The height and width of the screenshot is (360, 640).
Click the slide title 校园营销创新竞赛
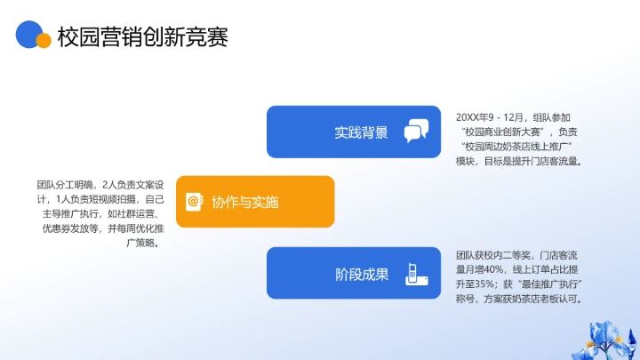coord(142,37)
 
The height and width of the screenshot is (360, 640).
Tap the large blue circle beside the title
coord(29,32)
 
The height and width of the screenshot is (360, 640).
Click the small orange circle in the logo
coord(43,40)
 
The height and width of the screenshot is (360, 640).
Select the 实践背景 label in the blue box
coord(361,132)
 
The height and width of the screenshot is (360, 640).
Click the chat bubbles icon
coord(416,132)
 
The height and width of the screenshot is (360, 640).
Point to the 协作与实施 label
coord(244,202)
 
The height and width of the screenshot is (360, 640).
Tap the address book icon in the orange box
coord(194,202)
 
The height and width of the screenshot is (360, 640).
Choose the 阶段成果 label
coord(362,274)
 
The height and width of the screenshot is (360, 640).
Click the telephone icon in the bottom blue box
coord(415,273)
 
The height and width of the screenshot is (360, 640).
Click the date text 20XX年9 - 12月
coord(492,116)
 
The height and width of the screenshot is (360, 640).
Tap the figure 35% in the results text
coord(490,284)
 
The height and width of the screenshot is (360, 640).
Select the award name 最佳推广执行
coord(552,284)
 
